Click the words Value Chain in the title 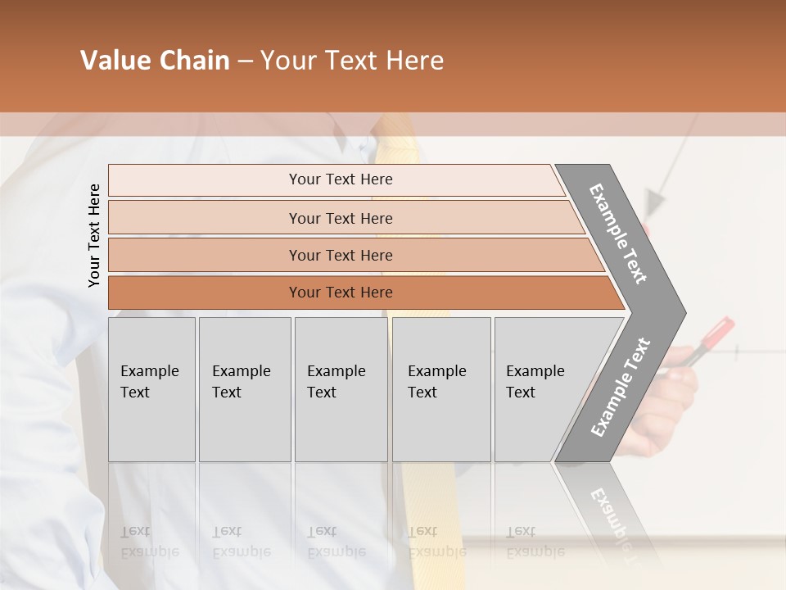(x=155, y=61)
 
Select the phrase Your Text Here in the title (x=352, y=61)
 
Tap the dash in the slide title (x=245, y=61)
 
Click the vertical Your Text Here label (x=94, y=235)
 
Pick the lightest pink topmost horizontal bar (x=340, y=179)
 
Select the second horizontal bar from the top (x=340, y=218)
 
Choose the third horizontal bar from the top (x=340, y=255)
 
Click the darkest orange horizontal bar (x=340, y=293)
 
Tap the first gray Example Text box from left (x=151, y=388)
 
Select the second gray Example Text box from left (x=244, y=388)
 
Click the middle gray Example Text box (x=341, y=388)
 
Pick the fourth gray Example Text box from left (x=440, y=388)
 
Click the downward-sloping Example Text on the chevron (x=618, y=234)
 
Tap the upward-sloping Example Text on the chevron (x=620, y=387)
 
